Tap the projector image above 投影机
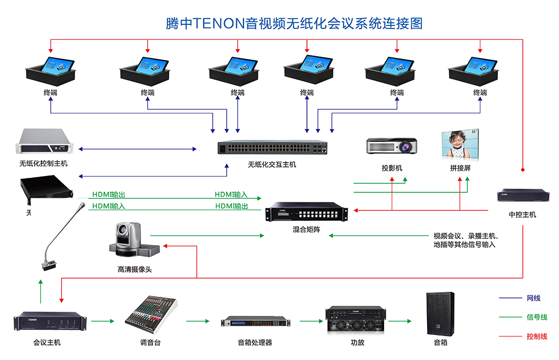[392, 146]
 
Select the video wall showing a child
[460, 145]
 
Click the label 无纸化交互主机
[272, 165]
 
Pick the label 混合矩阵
[306, 229]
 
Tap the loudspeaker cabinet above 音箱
[440, 313]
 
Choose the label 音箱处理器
[255, 342]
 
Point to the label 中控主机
[523, 214]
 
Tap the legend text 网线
[533, 298]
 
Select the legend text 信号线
[537, 318]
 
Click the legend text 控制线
[537, 337]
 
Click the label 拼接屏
[460, 168]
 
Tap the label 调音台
[150, 342]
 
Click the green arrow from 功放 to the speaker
[400, 321]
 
